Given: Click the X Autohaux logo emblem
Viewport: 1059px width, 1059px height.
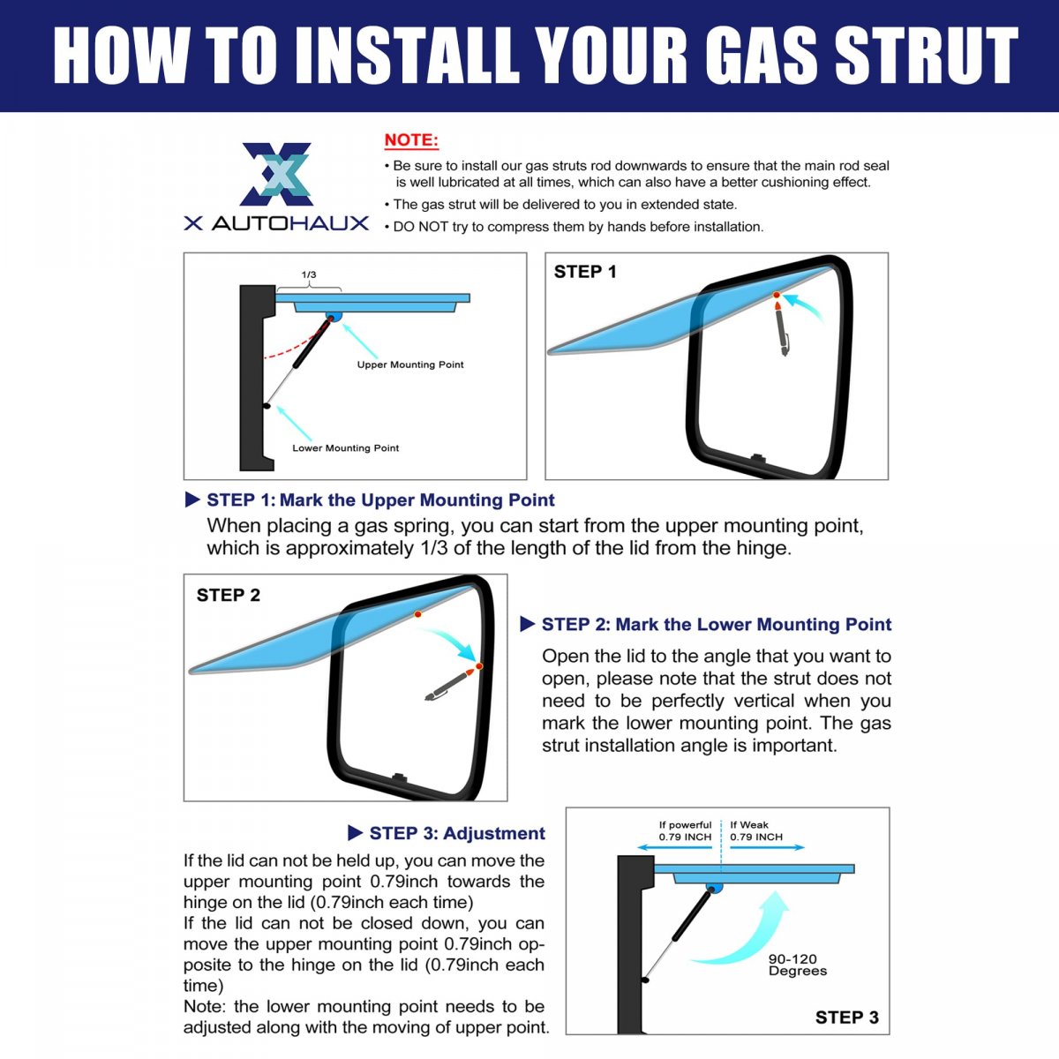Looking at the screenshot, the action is pos(276,174).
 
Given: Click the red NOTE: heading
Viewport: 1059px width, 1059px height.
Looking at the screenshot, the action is pos(411,140).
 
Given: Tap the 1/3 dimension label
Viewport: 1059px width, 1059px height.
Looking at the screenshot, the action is pos(309,274).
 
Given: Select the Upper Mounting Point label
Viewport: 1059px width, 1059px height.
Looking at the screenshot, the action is pos(410,364).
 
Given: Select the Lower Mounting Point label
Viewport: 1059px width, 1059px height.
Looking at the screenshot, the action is pos(345,448).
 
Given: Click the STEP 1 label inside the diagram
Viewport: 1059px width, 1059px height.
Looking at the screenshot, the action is pos(585,272).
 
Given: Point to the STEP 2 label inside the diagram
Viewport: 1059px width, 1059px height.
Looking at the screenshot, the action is pos(228,595).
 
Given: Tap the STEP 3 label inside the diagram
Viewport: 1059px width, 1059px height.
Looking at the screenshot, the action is pos(847,1018).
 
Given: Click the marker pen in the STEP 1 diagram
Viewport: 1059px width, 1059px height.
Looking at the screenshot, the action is pos(782,328).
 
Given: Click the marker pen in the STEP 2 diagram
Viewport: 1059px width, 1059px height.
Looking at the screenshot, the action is pos(449,685).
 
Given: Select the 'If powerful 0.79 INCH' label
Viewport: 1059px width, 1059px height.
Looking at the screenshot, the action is pos(685,830).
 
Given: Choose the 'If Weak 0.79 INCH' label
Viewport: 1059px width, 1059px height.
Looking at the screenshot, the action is pos(756,830).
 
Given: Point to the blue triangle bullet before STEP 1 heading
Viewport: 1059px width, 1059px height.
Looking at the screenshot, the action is pos(192,499).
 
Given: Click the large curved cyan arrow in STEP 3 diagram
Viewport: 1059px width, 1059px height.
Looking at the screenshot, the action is pos(742,928).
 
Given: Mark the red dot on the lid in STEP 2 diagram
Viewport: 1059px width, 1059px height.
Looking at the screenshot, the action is pos(417,614).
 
